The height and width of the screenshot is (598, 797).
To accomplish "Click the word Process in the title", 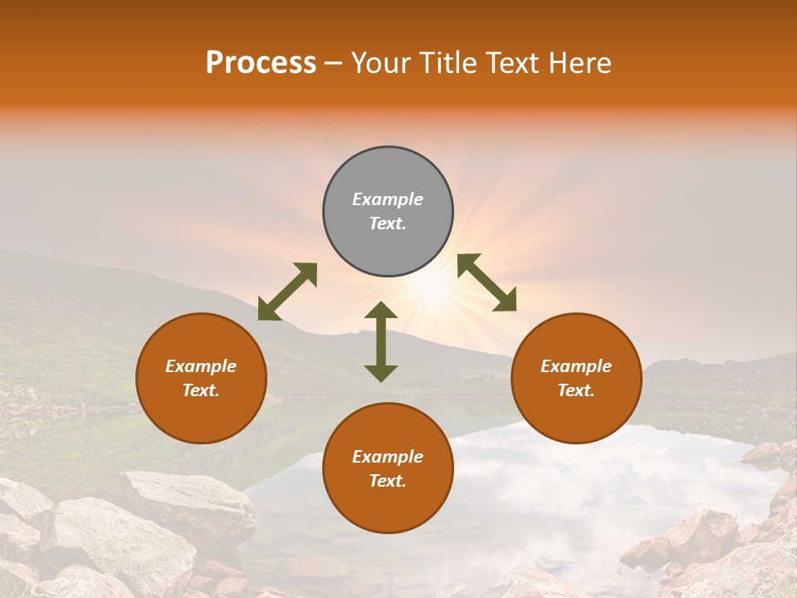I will point(261,63).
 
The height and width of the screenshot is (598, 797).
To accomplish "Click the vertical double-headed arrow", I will point(381,341).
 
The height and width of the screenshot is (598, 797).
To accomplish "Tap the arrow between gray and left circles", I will point(287,292).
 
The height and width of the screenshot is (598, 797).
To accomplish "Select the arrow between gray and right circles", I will point(487,282).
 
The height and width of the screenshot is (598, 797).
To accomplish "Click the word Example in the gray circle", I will point(388,199).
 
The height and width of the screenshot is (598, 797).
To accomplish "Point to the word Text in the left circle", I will point(201,390).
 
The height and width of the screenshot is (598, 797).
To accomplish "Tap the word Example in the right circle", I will point(576,366).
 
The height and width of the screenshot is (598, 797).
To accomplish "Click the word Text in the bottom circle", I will point(388,481).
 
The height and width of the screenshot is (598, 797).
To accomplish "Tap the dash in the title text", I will point(333,63).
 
